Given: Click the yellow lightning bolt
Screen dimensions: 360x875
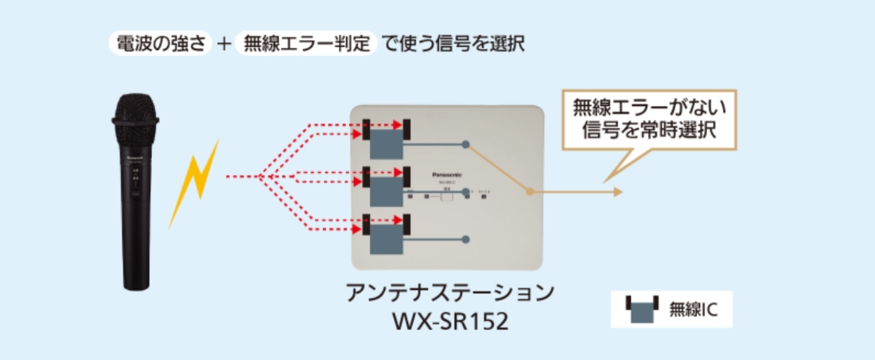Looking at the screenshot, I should (x=194, y=181).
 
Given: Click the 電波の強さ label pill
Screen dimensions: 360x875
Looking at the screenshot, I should (x=159, y=43).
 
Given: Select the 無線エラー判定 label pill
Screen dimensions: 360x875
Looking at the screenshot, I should (x=306, y=43).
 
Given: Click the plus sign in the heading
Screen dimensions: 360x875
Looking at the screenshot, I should (x=224, y=44).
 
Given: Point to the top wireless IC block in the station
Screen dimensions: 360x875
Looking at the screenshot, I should (x=386, y=145).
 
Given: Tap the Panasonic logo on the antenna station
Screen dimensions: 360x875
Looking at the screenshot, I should (x=450, y=170).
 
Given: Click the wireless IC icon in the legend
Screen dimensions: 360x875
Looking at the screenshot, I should (x=639, y=309).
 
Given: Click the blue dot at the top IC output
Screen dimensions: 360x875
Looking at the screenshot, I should (x=466, y=144).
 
